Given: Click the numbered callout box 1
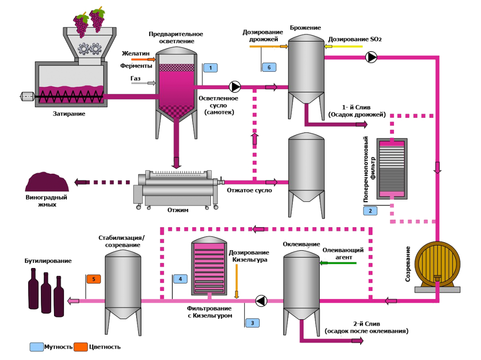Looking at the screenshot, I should [x=211, y=68].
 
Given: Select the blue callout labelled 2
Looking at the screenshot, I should [x=370, y=211].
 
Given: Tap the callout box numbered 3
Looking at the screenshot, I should [x=252, y=323].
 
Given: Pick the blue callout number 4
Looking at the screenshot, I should [x=180, y=279].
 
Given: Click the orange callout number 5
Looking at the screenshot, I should [x=93, y=279].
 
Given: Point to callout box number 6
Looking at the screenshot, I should [x=269, y=67].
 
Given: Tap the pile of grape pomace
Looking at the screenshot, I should [x=47, y=183].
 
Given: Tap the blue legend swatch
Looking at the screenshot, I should [x=37, y=347].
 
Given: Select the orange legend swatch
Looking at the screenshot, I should [x=81, y=347].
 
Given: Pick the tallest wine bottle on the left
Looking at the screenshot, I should [x=33, y=289].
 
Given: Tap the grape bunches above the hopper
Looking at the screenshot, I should [x=89, y=21].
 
